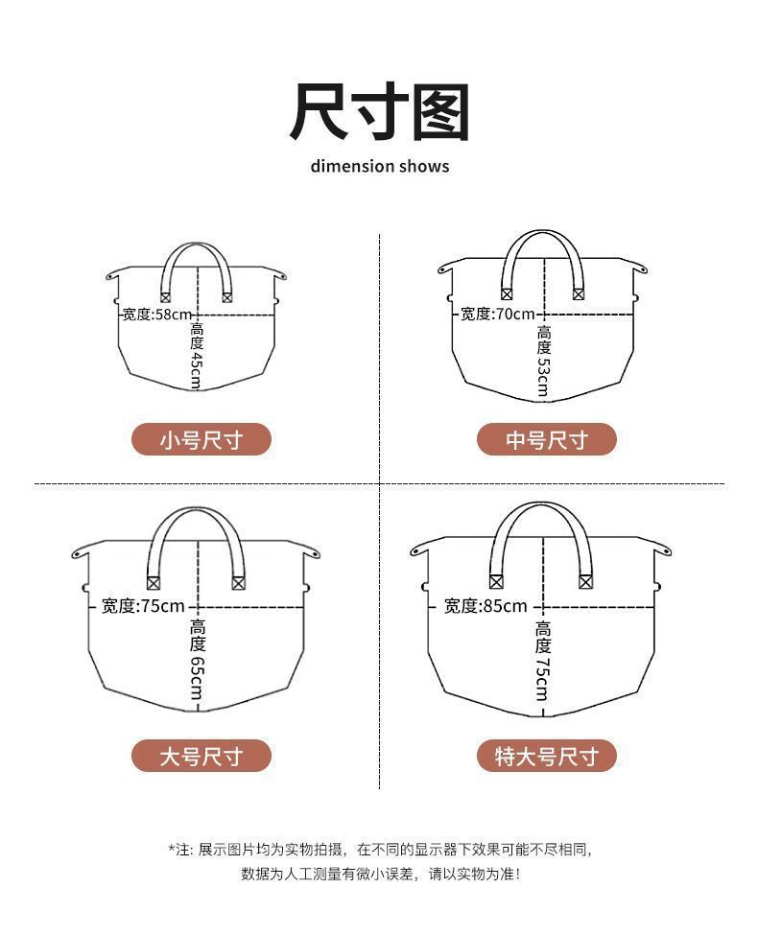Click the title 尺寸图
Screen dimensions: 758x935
[379, 111]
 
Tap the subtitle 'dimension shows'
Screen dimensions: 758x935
[380, 166]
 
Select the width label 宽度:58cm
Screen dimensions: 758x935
[157, 315]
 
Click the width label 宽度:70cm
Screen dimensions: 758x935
[498, 314]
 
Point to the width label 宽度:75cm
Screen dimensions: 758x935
[143, 606]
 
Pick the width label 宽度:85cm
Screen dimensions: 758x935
[486, 606]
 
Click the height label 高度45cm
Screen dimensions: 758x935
[197, 356]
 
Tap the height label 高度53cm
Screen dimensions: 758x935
[543, 361]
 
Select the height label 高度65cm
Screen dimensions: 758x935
[197, 660]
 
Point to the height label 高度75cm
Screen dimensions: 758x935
[542, 661]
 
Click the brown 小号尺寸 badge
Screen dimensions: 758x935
[201, 439]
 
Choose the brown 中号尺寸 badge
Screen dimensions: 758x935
[547, 439]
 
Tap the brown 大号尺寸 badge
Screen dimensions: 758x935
[201, 756]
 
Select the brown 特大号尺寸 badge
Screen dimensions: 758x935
[547, 756]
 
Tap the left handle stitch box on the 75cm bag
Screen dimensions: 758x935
[154, 583]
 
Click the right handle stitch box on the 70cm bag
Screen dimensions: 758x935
[579, 293]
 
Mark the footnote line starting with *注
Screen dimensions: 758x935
[380, 849]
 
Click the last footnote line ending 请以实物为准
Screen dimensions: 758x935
[380, 875]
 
